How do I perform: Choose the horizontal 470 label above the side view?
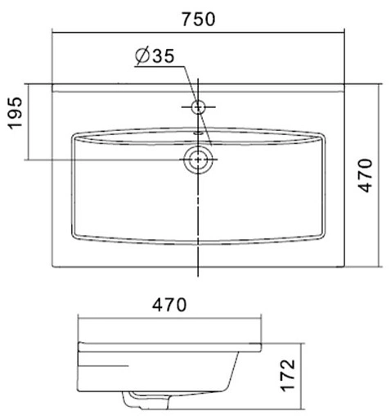tap(169, 305)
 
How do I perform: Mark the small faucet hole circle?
tap(198, 106)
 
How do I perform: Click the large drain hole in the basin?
tap(198, 160)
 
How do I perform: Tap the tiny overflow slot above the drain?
tap(198, 132)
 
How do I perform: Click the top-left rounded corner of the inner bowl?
tap(76, 136)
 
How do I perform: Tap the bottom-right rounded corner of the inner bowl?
tap(321, 235)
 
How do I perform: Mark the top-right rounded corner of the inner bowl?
tap(321, 136)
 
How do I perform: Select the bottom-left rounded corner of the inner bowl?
tap(76, 235)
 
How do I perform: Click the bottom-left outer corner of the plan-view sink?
tap(53, 267)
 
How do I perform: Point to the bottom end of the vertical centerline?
tap(198, 278)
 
